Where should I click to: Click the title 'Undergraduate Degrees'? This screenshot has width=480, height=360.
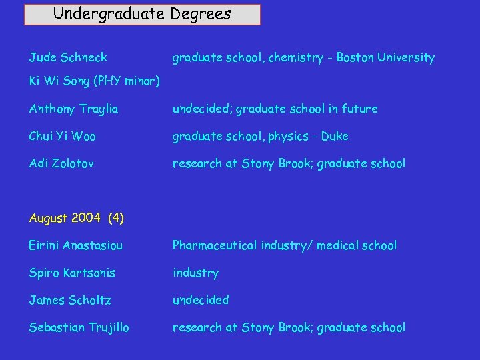(142, 14)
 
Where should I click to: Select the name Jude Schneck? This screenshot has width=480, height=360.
(68, 58)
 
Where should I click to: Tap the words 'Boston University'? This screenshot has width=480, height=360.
(385, 58)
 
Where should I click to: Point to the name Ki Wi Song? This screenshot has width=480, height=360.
(59, 82)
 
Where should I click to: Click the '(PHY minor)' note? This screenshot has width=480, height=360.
(126, 82)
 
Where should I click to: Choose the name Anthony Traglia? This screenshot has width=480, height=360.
(74, 109)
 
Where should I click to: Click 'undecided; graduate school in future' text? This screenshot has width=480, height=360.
(275, 109)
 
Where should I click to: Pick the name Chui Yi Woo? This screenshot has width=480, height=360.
(63, 136)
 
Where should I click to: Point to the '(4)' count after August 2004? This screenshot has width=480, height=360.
(115, 218)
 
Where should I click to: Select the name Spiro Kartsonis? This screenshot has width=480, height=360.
(72, 273)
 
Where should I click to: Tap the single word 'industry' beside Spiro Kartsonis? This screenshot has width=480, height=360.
(195, 273)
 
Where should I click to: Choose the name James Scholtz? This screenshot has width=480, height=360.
(69, 300)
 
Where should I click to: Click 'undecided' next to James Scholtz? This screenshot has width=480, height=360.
(201, 300)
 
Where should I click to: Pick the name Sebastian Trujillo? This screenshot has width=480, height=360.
(79, 327)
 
